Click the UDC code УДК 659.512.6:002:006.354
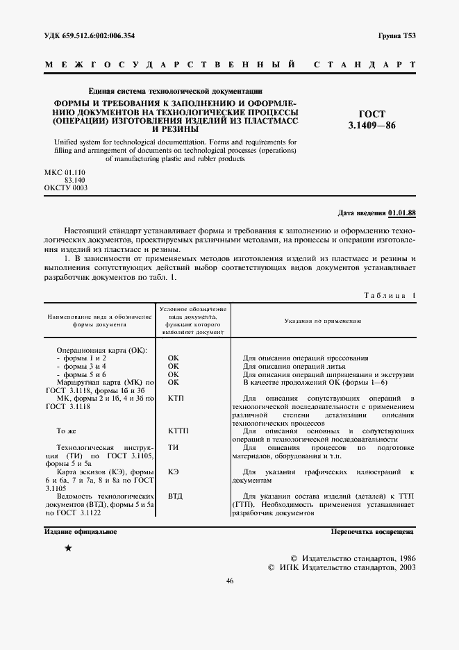point(88,35)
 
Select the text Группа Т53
point(396,35)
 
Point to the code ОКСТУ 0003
point(65,187)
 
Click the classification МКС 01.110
point(65,171)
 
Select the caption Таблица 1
point(389,296)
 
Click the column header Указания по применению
point(322,321)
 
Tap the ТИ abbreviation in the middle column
point(174,448)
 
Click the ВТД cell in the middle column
point(175,498)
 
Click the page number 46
point(229,581)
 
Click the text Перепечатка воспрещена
point(372,532)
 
